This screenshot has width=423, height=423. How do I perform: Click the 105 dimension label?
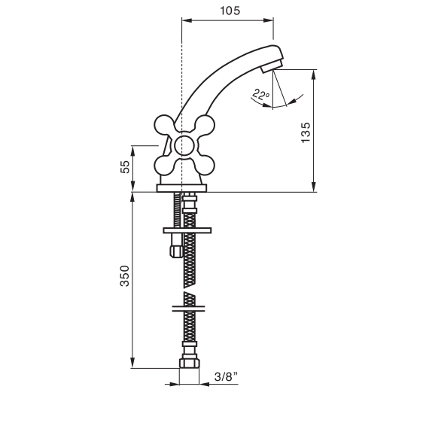pos(230,11)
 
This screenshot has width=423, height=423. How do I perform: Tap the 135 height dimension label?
pos(306,132)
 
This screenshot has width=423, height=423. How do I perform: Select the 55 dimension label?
pos(125,167)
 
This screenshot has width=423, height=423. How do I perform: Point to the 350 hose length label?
pos(125,275)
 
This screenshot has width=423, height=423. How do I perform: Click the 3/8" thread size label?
pos(227,376)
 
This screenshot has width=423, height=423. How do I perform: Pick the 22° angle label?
pos(260,95)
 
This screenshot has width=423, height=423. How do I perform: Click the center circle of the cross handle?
pos(184,146)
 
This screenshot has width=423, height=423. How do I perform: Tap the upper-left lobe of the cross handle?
pos(164,126)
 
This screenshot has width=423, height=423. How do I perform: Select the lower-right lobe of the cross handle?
pos(205,166)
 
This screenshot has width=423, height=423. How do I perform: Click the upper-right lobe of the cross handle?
pos(205,126)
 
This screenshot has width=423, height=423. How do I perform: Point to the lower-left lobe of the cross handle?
pos(164,166)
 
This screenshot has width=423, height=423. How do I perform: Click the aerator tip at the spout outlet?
pos(272,66)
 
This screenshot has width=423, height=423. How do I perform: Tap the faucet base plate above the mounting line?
pos(181,188)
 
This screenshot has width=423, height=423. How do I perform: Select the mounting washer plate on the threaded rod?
pos(187,230)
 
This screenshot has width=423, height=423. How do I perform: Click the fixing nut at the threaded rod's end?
pos(176,251)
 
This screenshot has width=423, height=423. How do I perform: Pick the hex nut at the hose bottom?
pos(190,363)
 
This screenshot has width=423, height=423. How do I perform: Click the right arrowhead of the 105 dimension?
pos(269,20)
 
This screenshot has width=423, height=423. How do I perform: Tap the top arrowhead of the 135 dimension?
pos(313,75)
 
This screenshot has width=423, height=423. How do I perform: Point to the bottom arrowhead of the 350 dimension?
pos(132,363)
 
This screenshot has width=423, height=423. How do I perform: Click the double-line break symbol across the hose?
pos(188,309)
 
